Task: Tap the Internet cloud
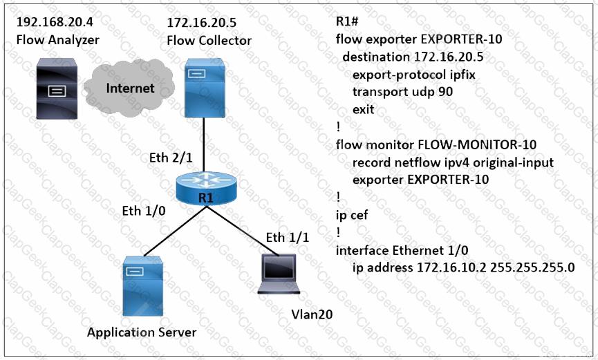click(x=130, y=88)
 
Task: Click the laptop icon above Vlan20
click(x=279, y=274)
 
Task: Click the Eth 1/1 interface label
click(x=288, y=238)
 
